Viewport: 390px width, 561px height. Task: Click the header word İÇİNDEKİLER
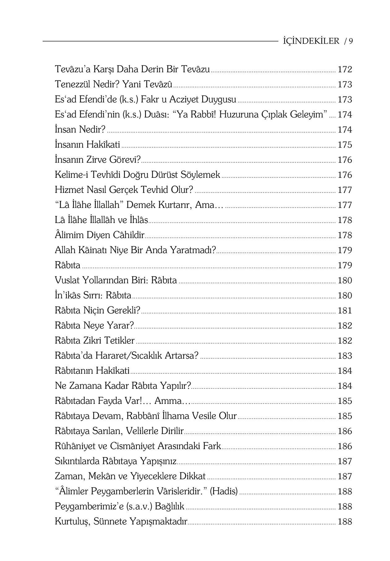click(311, 41)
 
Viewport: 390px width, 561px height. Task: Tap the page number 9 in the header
click(351, 41)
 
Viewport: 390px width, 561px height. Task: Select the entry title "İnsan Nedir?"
click(80, 129)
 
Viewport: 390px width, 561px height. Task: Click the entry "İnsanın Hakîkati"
click(87, 145)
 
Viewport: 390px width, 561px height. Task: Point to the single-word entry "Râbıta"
click(67, 265)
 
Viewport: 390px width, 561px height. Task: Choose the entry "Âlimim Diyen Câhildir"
click(99, 235)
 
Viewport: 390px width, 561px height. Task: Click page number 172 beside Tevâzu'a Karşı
click(345, 69)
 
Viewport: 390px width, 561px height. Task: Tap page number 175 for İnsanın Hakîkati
click(345, 145)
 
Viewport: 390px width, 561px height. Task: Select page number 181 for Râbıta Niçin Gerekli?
click(345, 310)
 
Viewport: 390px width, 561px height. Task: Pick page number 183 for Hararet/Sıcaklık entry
click(345, 356)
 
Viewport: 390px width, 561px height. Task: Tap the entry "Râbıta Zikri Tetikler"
click(94, 340)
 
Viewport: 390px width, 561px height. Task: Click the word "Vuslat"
click(67, 280)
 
